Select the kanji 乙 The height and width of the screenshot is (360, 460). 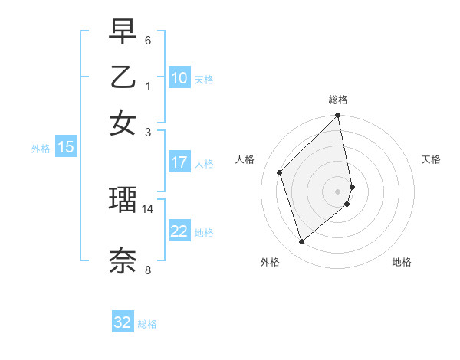click(x=123, y=77)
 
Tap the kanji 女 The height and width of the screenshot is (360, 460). click(x=123, y=123)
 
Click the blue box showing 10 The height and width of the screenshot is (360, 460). click(x=179, y=78)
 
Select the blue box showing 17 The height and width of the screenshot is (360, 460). click(x=179, y=162)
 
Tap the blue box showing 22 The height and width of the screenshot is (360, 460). click(x=179, y=231)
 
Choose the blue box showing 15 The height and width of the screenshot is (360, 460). click(x=66, y=147)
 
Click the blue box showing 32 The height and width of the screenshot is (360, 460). click(x=123, y=322)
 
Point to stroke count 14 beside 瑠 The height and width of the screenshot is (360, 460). click(x=148, y=208)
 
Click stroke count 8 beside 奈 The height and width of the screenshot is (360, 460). click(x=148, y=270)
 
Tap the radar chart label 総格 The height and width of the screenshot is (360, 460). click(x=338, y=100)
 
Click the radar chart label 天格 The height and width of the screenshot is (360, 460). click(x=432, y=159)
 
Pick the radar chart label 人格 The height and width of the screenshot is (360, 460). click(x=245, y=159)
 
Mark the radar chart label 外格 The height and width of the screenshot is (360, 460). click(x=270, y=262)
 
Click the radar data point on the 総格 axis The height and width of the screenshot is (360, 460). click(x=338, y=116)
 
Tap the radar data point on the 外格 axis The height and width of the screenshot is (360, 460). click(x=301, y=242)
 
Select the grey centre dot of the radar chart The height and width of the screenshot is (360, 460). click(x=338, y=191)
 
